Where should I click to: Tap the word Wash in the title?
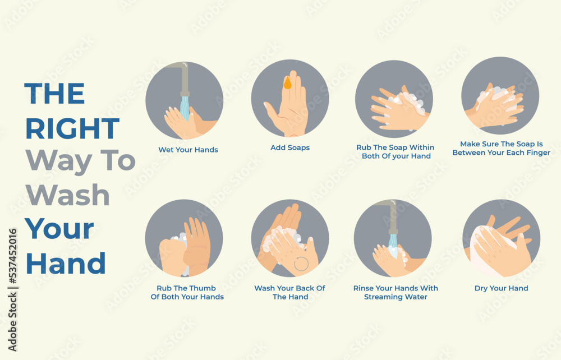pyautogui.click(x=67, y=195)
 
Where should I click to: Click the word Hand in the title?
pyautogui.click(x=66, y=263)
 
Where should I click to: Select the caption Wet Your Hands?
pyautogui.click(x=188, y=150)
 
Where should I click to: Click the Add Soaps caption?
pyautogui.click(x=290, y=147)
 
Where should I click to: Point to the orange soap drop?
pyautogui.click(x=287, y=84)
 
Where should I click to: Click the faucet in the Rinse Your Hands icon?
pyautogui.click(x=392, y=215)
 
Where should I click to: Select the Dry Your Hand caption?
pyautogui.click(x=501, y=288)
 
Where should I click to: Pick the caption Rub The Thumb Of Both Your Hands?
pyautogui.click(x=187, y=292)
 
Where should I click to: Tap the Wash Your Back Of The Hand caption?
pyautogui.click(x=289, y=292)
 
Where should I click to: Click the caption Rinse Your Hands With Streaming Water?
pyautogui.click(x=396, y=292)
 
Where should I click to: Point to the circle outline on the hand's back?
pyautogui.click(x=301, y=264)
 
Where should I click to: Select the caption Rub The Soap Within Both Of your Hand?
pyautogui.click(x=396, y=151)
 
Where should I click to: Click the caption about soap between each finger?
pyautogui.click(x=501, y=148)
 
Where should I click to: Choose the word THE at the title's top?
pyautogui.click(x=54, y=94)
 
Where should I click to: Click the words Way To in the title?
pyautogui.click(x=80, y=161)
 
